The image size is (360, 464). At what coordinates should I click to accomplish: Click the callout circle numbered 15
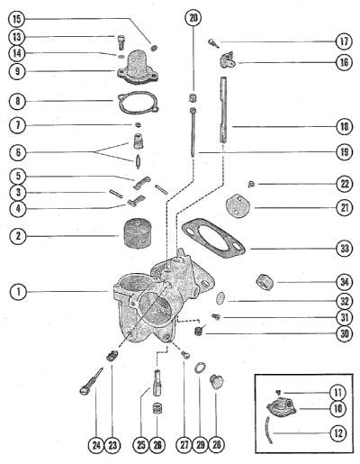[x=17, y=19]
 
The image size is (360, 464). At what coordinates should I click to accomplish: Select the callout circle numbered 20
[x=193, y=18]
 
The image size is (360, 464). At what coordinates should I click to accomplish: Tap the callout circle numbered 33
[x=345, y=249]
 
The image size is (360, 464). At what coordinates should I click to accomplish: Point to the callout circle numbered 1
[x=19, y=292]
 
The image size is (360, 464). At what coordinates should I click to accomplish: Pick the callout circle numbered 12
[x=338, y=433]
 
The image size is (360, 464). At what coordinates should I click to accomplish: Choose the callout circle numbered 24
[x=96, y=445]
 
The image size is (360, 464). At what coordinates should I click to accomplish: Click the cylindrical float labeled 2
[x=137, y=233]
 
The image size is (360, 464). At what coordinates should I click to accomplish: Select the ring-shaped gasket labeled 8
[x=139, y=103]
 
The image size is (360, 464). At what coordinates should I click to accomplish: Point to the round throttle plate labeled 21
[x=238, y=206]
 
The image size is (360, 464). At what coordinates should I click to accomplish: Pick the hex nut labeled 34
[x=265, y=282]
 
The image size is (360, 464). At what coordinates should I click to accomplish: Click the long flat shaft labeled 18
[x=223, y=110]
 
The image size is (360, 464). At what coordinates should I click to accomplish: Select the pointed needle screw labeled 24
[x=91, y=379]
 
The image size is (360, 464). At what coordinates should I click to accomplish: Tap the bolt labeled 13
[x=120, y=42]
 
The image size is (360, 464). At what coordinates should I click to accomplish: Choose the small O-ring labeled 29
[x=200, y=368]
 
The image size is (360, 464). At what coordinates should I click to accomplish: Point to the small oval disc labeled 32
[x=220, y=298]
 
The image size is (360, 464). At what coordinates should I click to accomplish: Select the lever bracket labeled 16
[x=227, y=60]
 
